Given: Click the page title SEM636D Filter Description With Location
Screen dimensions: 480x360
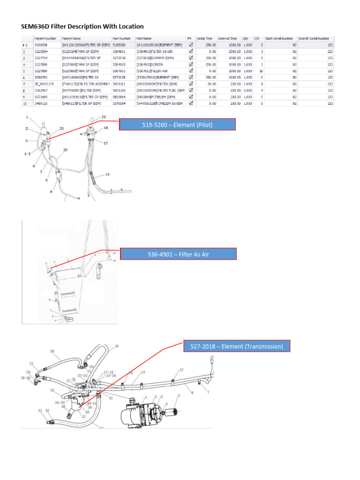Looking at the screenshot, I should [x=82, y=26].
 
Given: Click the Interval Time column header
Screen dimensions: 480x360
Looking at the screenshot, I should [x=227, y=38].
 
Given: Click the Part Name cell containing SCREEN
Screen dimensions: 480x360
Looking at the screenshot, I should [x=160, y=64].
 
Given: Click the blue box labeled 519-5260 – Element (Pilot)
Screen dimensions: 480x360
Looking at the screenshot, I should [x=177, y=124].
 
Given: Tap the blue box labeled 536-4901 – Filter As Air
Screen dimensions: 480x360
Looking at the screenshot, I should [x=179, y=254].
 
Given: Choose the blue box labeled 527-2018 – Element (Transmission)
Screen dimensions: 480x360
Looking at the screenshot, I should [x=237, y=346].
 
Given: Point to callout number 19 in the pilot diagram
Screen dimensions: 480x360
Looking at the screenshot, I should [x=104, y=116].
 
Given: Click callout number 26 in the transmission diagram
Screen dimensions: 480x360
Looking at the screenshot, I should [x=52, y=351].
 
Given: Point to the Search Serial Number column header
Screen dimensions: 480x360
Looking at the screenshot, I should [x=314, y=38].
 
